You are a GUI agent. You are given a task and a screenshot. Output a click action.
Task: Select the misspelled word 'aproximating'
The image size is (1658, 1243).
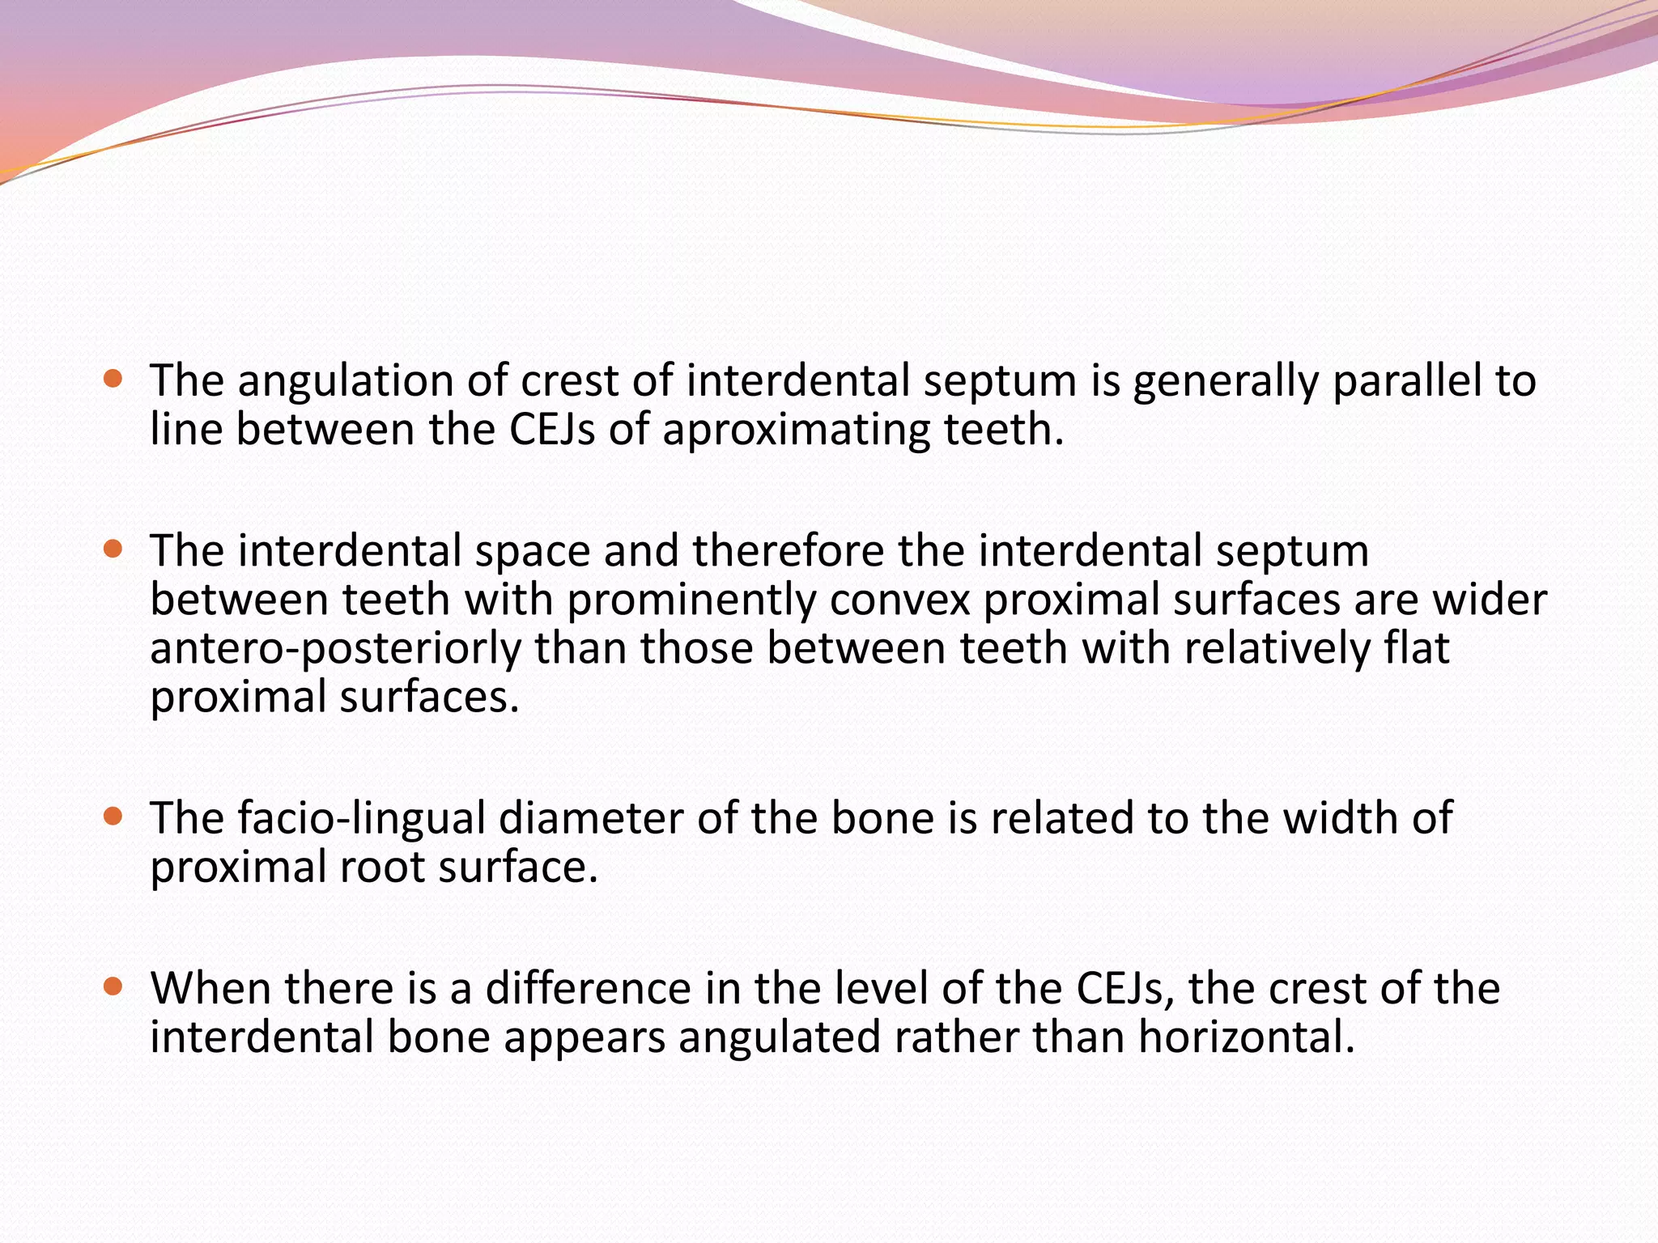(x=797, y=431)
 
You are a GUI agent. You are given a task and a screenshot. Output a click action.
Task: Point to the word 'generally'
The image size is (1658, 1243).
(x=1226, y=382)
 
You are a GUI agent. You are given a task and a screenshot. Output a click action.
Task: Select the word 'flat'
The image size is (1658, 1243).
(x=1417, y=648)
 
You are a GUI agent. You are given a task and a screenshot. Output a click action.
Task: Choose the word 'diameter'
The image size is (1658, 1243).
(x=590, y=817)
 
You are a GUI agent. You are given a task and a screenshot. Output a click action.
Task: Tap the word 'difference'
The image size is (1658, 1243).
(x=588, y=988)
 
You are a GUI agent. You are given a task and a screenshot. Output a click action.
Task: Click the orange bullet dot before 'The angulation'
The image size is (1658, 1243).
(x=113, y=378)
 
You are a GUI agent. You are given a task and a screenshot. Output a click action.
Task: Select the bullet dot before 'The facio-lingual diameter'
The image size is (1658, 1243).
(x=113, y=816)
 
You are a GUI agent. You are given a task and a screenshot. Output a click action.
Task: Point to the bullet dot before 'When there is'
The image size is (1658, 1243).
(x=113, y=986)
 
